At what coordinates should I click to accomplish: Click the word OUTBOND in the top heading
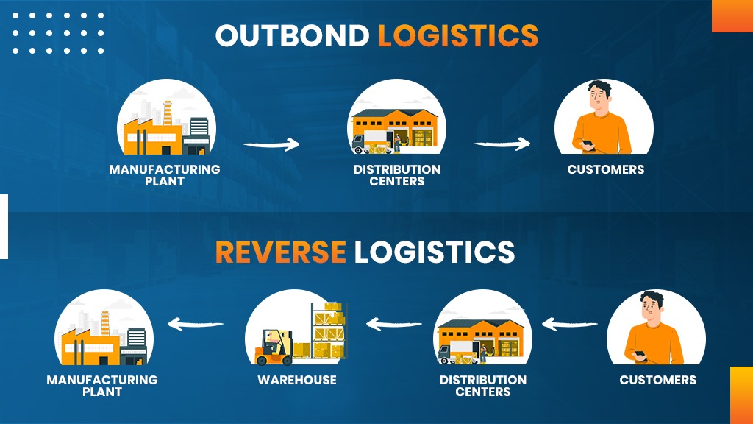click(293, 36)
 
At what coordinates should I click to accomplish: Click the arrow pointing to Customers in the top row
click(502, 144)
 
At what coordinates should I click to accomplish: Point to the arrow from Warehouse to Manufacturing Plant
click(196, 322)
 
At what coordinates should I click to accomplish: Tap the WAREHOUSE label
click(296, 381)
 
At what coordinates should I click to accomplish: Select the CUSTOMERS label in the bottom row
click(657, 381)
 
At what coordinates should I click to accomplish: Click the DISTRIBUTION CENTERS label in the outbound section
click(396, 175)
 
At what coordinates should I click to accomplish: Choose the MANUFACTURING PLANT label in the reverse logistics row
click(101, 386)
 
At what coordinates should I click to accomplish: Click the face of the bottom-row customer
click(649, 308)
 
